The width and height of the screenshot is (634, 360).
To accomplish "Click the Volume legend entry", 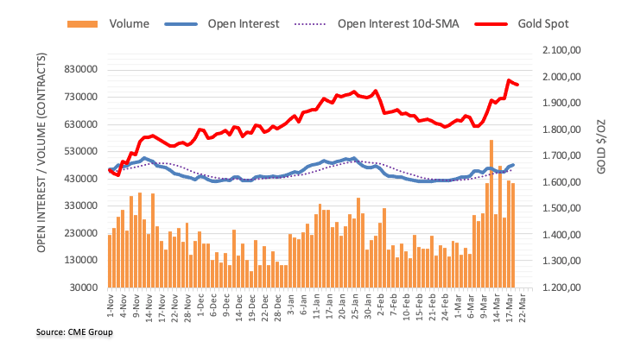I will pos(121,24).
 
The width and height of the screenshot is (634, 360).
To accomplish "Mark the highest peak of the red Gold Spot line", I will pos(509,80).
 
